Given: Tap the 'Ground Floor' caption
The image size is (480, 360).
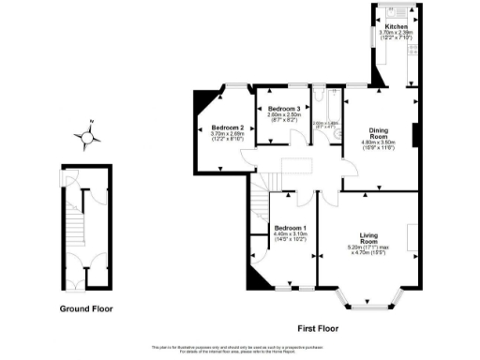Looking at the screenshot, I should click(x=88, y=308).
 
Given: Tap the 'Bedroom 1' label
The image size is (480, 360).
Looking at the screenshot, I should click(x=291, y=229).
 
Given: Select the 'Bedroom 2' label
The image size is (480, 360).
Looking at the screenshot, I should click(x=227, y=127).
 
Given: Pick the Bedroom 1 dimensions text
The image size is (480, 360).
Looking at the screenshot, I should click(x=291, y=240).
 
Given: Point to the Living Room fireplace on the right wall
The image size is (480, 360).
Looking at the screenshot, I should click(x=412, y=235).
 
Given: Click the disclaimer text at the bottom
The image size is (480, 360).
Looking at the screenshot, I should click(x=240, y=348).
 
